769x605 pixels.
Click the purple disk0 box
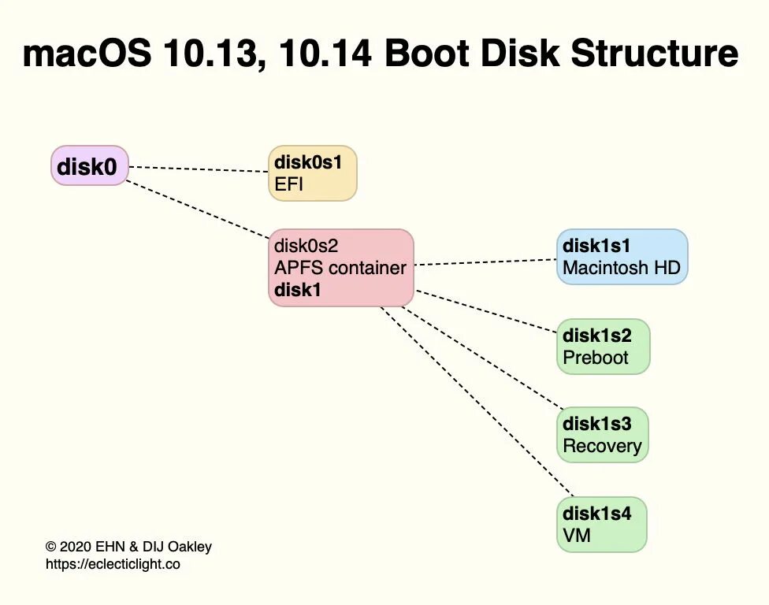[x=89, y=165]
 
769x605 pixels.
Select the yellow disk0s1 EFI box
[x=312, y=173]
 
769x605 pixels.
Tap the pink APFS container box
[x=340, y=267]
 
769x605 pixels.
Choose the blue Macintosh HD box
[x=622, y=257]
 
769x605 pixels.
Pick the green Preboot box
[x=603, y=347]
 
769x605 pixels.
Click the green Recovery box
[x=603, y=435]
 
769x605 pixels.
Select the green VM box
[x=601, y=525]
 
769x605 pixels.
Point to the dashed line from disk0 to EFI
[x=198, y=169]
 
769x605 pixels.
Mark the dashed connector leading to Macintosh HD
[x=485, y=262]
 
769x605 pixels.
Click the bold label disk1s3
[x=596, y=424]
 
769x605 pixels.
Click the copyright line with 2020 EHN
[x=128, y=547]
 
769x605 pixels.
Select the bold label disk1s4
[x=596, y=514]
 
